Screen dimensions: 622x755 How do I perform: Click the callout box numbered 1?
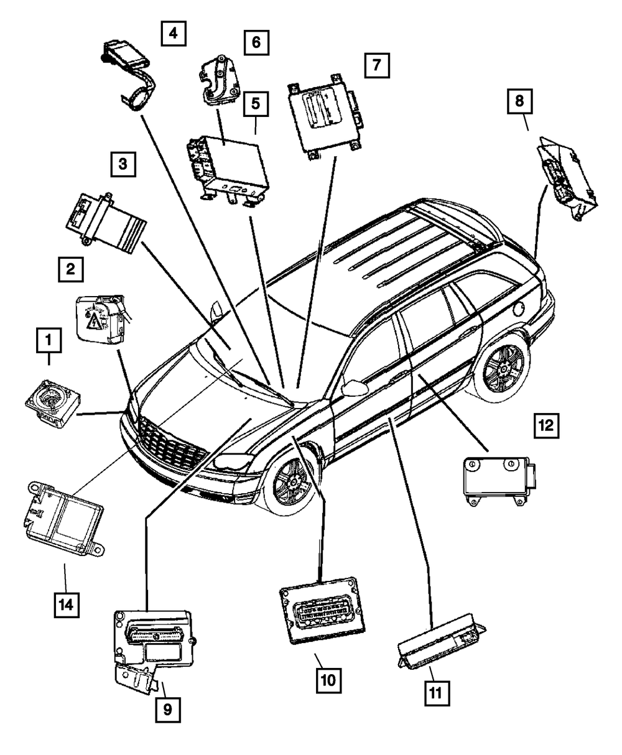tap(49, 340)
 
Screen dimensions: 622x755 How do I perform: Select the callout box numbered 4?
tap(174, 34)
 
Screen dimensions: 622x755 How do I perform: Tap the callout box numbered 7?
tap(377, 65)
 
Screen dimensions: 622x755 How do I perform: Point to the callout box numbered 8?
tap(519, 101)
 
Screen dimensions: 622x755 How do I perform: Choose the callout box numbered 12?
tap(546, 426)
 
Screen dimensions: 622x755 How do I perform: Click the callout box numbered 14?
tap(67, 605)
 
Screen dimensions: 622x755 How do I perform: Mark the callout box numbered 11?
tap(437, 693)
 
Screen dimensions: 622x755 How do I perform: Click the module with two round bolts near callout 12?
tap(499, 481)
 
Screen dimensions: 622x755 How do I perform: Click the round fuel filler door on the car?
tap(519, 309)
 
